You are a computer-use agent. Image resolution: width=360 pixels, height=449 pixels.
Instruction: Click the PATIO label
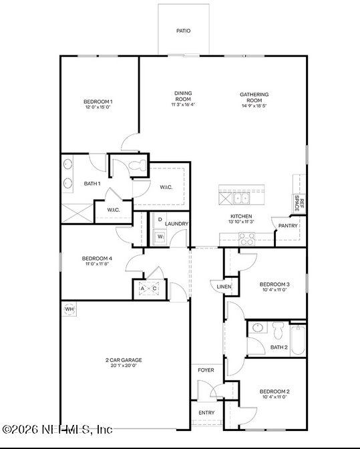point(182,31)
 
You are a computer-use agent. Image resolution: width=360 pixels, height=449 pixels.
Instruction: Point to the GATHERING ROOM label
point(254,98)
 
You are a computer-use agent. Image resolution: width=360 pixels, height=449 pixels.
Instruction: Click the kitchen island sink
point(240,198)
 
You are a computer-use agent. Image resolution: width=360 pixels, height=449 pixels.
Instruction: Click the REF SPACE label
point(301,204)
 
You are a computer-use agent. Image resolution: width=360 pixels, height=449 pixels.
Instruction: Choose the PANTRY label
point(288,226)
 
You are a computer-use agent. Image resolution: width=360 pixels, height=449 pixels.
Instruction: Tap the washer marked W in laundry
point(160,237)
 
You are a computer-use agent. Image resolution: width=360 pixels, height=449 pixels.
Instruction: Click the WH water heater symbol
point(69,309)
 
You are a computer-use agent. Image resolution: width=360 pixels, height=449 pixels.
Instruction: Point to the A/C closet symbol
point(148,288)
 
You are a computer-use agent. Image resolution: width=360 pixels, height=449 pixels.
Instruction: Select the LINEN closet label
point(224,287)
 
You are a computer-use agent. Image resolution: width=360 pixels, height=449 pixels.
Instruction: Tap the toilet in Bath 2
point(278,329)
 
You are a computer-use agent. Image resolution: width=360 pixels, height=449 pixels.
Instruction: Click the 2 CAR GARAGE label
point(124,362)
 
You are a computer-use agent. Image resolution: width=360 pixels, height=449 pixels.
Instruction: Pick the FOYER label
point(206,369)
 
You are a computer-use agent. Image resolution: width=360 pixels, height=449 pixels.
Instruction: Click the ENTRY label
point(206,412)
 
